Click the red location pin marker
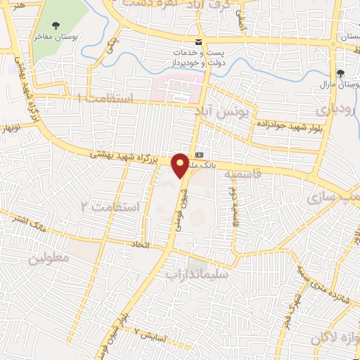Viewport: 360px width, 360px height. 181,165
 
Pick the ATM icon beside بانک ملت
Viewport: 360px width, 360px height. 200,154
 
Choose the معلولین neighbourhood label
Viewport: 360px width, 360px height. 49,258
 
